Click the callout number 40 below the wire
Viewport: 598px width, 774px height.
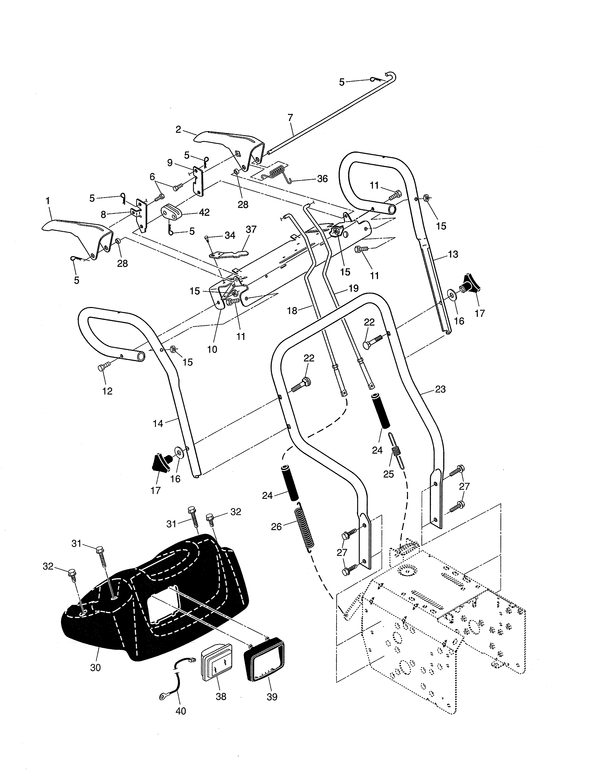point(181,711)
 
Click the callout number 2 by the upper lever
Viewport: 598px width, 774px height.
point(178,129)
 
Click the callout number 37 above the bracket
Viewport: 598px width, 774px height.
point(251,229)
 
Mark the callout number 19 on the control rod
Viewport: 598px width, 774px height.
point(353,288)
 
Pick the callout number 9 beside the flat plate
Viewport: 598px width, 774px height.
point(170,163)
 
